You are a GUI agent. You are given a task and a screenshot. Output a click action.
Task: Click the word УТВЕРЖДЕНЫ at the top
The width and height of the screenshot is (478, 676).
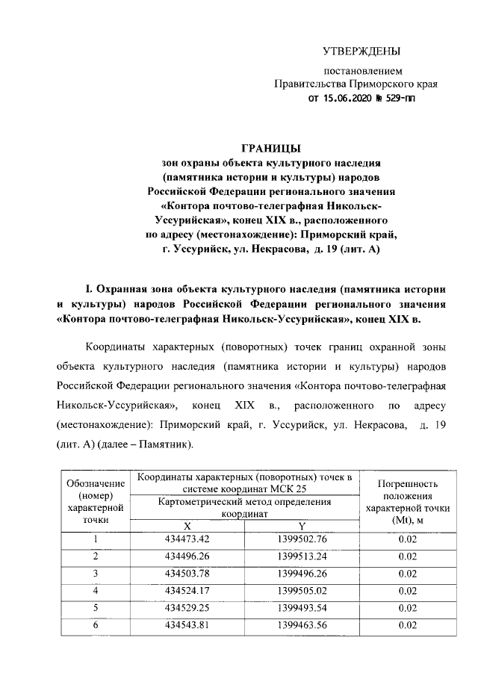[361, 51]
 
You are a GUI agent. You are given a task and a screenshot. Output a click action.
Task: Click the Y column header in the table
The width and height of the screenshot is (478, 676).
[302, 526]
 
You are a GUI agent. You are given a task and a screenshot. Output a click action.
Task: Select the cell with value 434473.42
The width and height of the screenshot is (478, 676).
[187, 539]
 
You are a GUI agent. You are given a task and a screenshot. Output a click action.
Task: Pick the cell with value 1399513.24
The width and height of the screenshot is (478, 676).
[302, 556]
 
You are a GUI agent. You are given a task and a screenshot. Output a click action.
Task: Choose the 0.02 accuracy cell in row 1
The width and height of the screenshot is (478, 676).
[407, 539]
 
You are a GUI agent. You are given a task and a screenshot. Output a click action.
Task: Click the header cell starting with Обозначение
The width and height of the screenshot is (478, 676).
[96, 500]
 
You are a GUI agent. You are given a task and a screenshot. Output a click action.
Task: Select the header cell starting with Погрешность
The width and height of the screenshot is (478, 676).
[408, 500]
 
